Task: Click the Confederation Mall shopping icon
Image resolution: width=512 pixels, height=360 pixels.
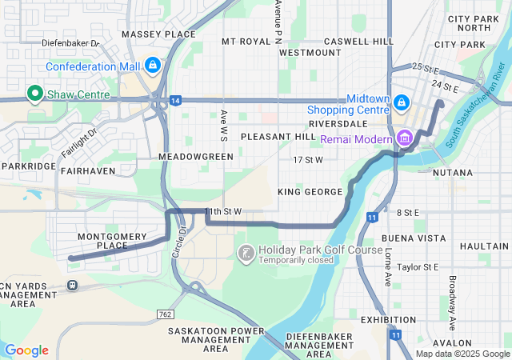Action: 153,65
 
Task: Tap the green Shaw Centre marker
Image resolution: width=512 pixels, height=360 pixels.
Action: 34,94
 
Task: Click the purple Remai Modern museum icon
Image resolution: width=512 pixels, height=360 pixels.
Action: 404,138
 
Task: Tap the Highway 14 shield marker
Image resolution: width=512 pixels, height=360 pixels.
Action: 174,100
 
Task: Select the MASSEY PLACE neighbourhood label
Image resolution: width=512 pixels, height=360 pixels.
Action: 158,34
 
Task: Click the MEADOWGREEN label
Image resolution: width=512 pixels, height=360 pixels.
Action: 196,157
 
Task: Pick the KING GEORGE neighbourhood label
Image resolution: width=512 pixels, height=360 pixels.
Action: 310,192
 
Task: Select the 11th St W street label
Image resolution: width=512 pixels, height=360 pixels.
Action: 223,211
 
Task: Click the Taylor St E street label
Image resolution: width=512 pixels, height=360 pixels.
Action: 418,266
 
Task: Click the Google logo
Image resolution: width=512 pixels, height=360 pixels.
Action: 26,350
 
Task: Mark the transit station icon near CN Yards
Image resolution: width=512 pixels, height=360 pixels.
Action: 72,285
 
